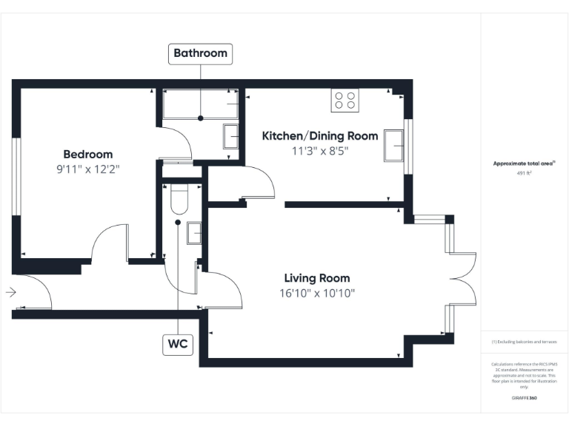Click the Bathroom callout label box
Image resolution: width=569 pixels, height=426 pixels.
tap(200, 53)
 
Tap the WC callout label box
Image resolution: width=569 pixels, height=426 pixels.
tap(178, 344)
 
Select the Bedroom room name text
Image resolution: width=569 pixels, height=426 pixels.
tap(88, 155)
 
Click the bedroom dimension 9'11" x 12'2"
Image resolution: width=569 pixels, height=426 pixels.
tap(88, 169)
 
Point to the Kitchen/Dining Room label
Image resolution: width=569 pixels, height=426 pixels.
tap(320, 136)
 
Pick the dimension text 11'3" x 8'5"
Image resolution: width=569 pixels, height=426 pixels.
tap(320, 150)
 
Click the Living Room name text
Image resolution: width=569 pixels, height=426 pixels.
tap(317, 278)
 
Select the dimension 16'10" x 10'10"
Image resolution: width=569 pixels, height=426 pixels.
tap(317, 293)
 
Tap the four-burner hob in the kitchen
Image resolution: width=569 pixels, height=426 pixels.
tap(345, 100)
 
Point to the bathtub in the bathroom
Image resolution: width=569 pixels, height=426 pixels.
tap(200, 105)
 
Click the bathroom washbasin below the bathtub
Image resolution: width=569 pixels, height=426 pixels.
tap(230, 137)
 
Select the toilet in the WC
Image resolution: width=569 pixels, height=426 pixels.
tap(179, 198)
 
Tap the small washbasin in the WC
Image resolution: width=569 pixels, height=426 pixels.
tap(194, 232)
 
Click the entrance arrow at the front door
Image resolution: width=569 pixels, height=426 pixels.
tap(10, 293)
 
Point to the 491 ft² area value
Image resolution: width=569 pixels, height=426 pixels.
tap(525, 174)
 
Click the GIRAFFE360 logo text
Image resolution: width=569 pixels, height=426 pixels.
tap(525, 398)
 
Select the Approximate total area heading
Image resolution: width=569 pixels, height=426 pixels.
tap(525, 163)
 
